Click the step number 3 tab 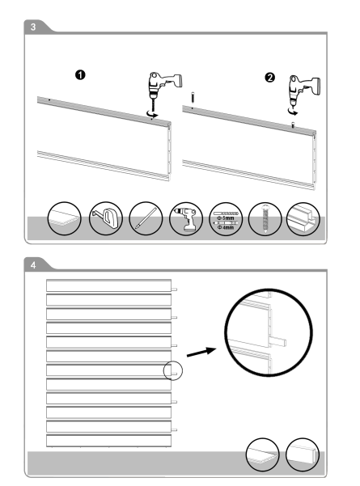33,27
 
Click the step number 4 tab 33,265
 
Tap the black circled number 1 80,75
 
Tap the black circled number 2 269,77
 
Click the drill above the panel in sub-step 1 163,89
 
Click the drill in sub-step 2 303,91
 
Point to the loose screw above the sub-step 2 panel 193,97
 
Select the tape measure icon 105,218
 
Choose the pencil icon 146,218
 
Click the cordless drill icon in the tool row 186,219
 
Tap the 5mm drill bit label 228,218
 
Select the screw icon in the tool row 265,219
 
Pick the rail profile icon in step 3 303,219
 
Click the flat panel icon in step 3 64,218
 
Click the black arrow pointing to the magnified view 201,353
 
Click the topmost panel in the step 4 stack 108,285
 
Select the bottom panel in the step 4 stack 108,441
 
